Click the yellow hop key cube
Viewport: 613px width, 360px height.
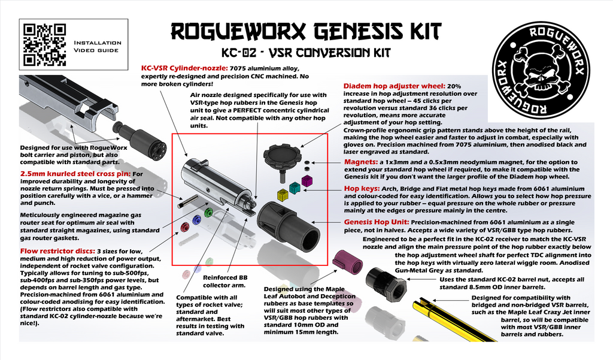[283, 194]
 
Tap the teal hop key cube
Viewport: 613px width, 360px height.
[294, 187]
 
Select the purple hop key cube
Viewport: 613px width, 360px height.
[306, 180]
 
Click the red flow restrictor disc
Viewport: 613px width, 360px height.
[186, 226]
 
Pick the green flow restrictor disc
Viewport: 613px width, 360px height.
[208, 212]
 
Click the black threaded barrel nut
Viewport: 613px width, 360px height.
[387, 283]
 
